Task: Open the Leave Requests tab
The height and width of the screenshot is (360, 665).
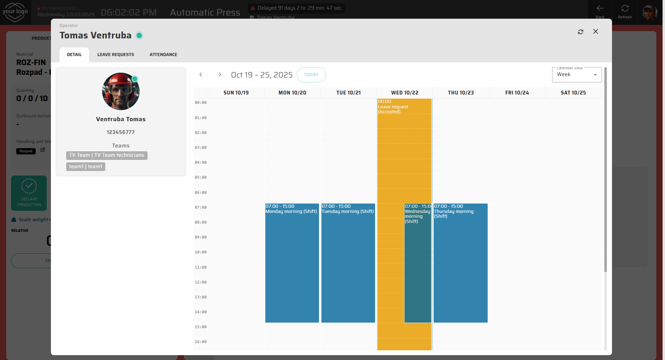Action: (x=116, y=55)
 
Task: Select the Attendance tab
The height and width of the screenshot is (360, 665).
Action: (x=163, y=55)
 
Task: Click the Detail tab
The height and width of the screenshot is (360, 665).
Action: (x=74, y=55)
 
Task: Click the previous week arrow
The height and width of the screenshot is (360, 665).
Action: (x=201, y=75)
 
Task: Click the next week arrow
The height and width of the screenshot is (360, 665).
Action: (x=220, y=75)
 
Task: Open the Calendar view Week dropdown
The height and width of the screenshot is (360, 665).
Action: (x=577, y=75)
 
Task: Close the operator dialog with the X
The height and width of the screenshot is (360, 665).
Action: (x=595, y=31)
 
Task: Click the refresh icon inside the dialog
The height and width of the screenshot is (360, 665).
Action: (x=580, y=32)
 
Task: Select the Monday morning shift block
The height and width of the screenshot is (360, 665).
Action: (x=292, y=263)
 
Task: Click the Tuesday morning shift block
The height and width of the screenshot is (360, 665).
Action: (x=348, y=263)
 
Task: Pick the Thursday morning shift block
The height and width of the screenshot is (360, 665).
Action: (x=460, y=263)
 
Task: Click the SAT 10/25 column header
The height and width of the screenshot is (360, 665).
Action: (x=573, y=93)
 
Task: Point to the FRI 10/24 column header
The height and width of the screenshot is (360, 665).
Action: (x=517, y=93)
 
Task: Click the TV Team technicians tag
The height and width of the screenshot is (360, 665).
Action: (x=107, y=155)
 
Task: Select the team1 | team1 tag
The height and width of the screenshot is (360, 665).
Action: (x=86, y=167)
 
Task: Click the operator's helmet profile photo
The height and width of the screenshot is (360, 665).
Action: (x=121, y=91)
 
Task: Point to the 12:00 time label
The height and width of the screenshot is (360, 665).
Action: (x=201, y=282)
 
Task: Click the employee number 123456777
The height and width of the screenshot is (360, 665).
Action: (x=121, y=132)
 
